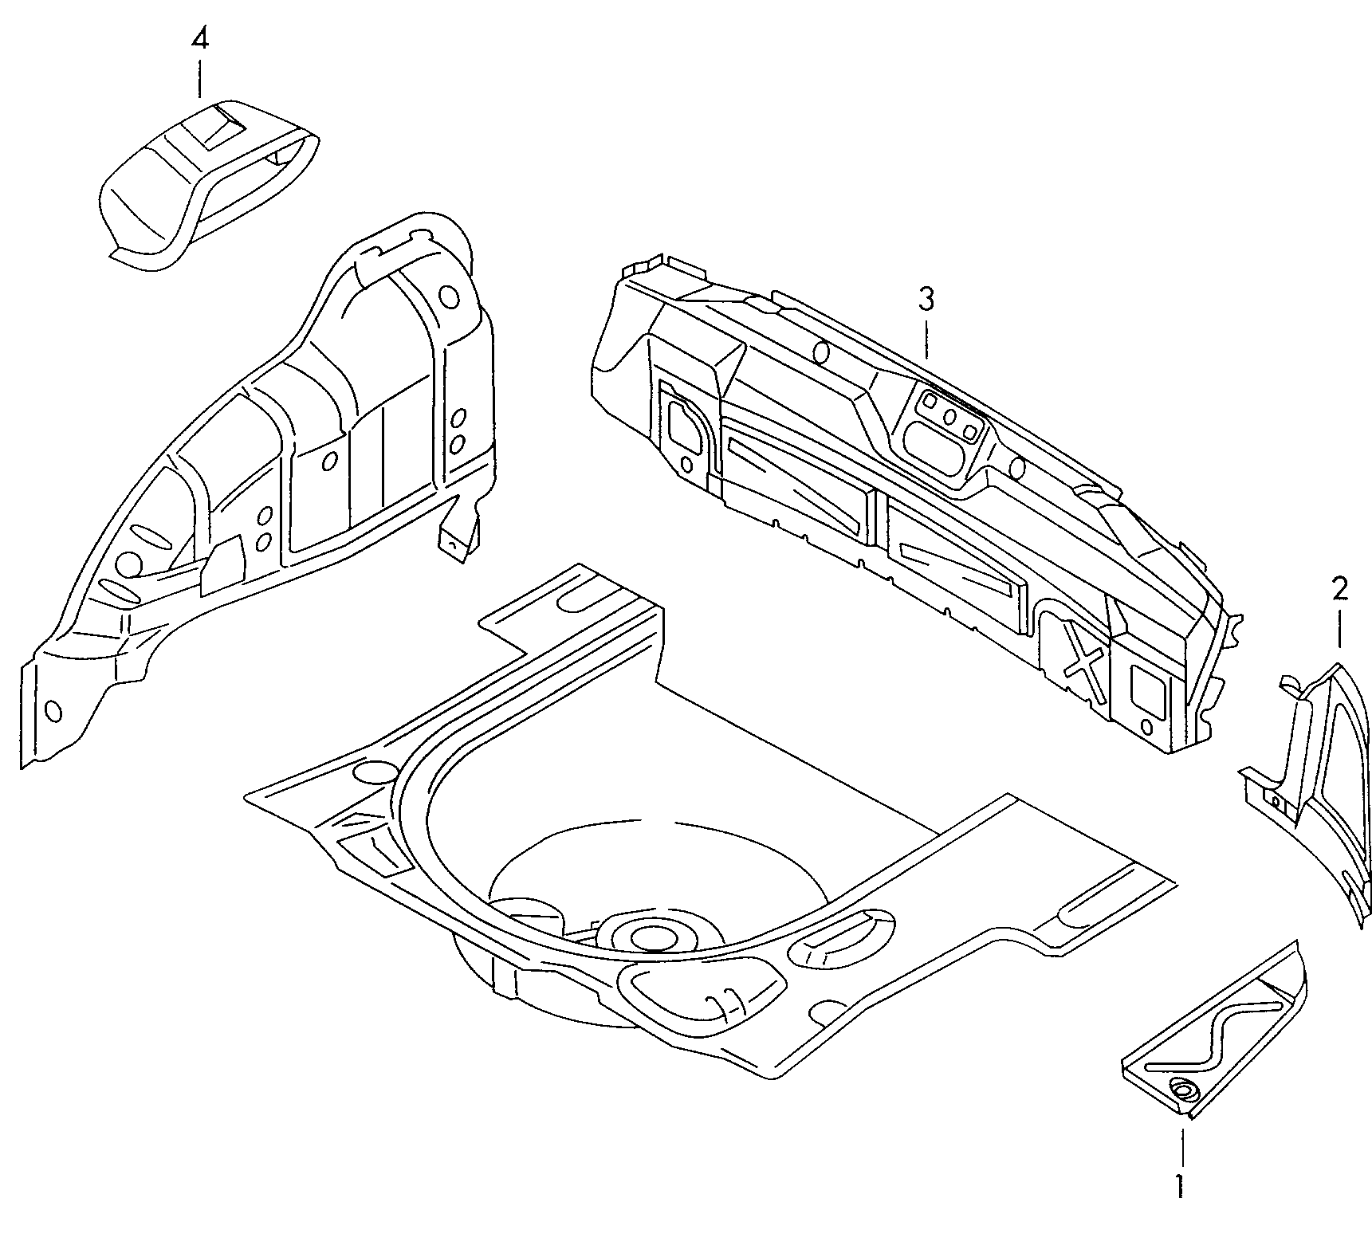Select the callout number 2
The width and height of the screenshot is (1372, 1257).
coord(1339,590)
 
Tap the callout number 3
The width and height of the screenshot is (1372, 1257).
coord(925,301)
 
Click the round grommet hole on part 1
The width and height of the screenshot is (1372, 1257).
coord(1182,1090)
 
